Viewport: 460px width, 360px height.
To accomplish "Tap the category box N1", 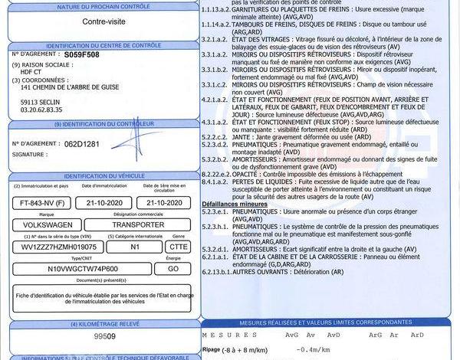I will point(135,247).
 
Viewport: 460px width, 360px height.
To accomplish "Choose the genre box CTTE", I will point(178,247).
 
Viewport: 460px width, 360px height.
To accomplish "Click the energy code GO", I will point(172,270).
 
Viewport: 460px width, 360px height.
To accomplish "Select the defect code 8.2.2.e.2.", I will point(215,174).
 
